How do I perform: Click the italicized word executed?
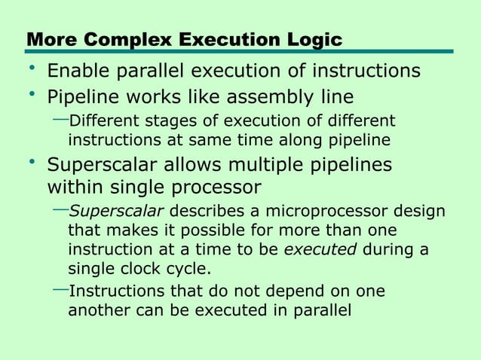[x=320, y=250]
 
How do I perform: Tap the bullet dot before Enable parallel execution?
[x=32, y=69]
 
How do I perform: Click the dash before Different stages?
[x=60, y=119]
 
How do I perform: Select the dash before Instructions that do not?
[x=60, y=289]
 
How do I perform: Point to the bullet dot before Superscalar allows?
[x=32, y=162]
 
